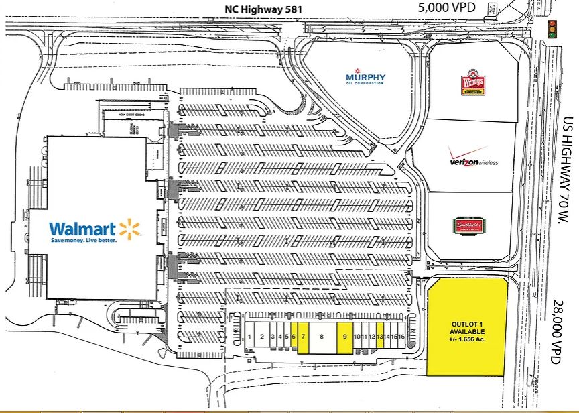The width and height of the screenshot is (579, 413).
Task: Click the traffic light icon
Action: pos(553,28)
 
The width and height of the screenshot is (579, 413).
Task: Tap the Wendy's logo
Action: pos(472,83)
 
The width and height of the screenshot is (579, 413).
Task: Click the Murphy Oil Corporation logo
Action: pos(365,77)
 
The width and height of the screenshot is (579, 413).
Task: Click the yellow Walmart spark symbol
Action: pos(131,229)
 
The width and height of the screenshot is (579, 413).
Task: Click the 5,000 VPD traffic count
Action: pos(446,9)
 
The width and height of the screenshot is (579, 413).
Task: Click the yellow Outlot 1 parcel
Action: pos(467,327)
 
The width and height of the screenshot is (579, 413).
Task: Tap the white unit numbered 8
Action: pos(322,336)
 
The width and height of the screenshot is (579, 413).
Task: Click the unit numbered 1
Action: pos(249,336)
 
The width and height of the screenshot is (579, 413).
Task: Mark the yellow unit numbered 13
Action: pos(379,336)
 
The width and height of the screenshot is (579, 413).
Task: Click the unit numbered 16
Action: pos(401,336)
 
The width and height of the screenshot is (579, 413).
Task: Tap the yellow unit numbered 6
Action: pos(294,336)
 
